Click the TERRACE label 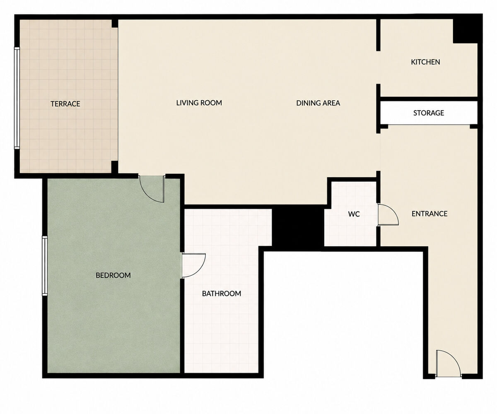[65, 104]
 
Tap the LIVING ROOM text [199, 103]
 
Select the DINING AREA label [318, 103]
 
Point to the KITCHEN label [425, 62]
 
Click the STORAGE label [428, 113]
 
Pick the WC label [354, 214]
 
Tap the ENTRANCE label [429, 214]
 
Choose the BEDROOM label [113, 275]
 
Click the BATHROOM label [221, 294]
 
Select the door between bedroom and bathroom [193, 265]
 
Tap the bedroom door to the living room [152, 189]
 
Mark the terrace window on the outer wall [17, 98]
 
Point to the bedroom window [45, 266]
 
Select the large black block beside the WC [298, 228]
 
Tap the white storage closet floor [429, 113]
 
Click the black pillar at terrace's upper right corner [115, 24]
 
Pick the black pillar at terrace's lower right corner [115, 167]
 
